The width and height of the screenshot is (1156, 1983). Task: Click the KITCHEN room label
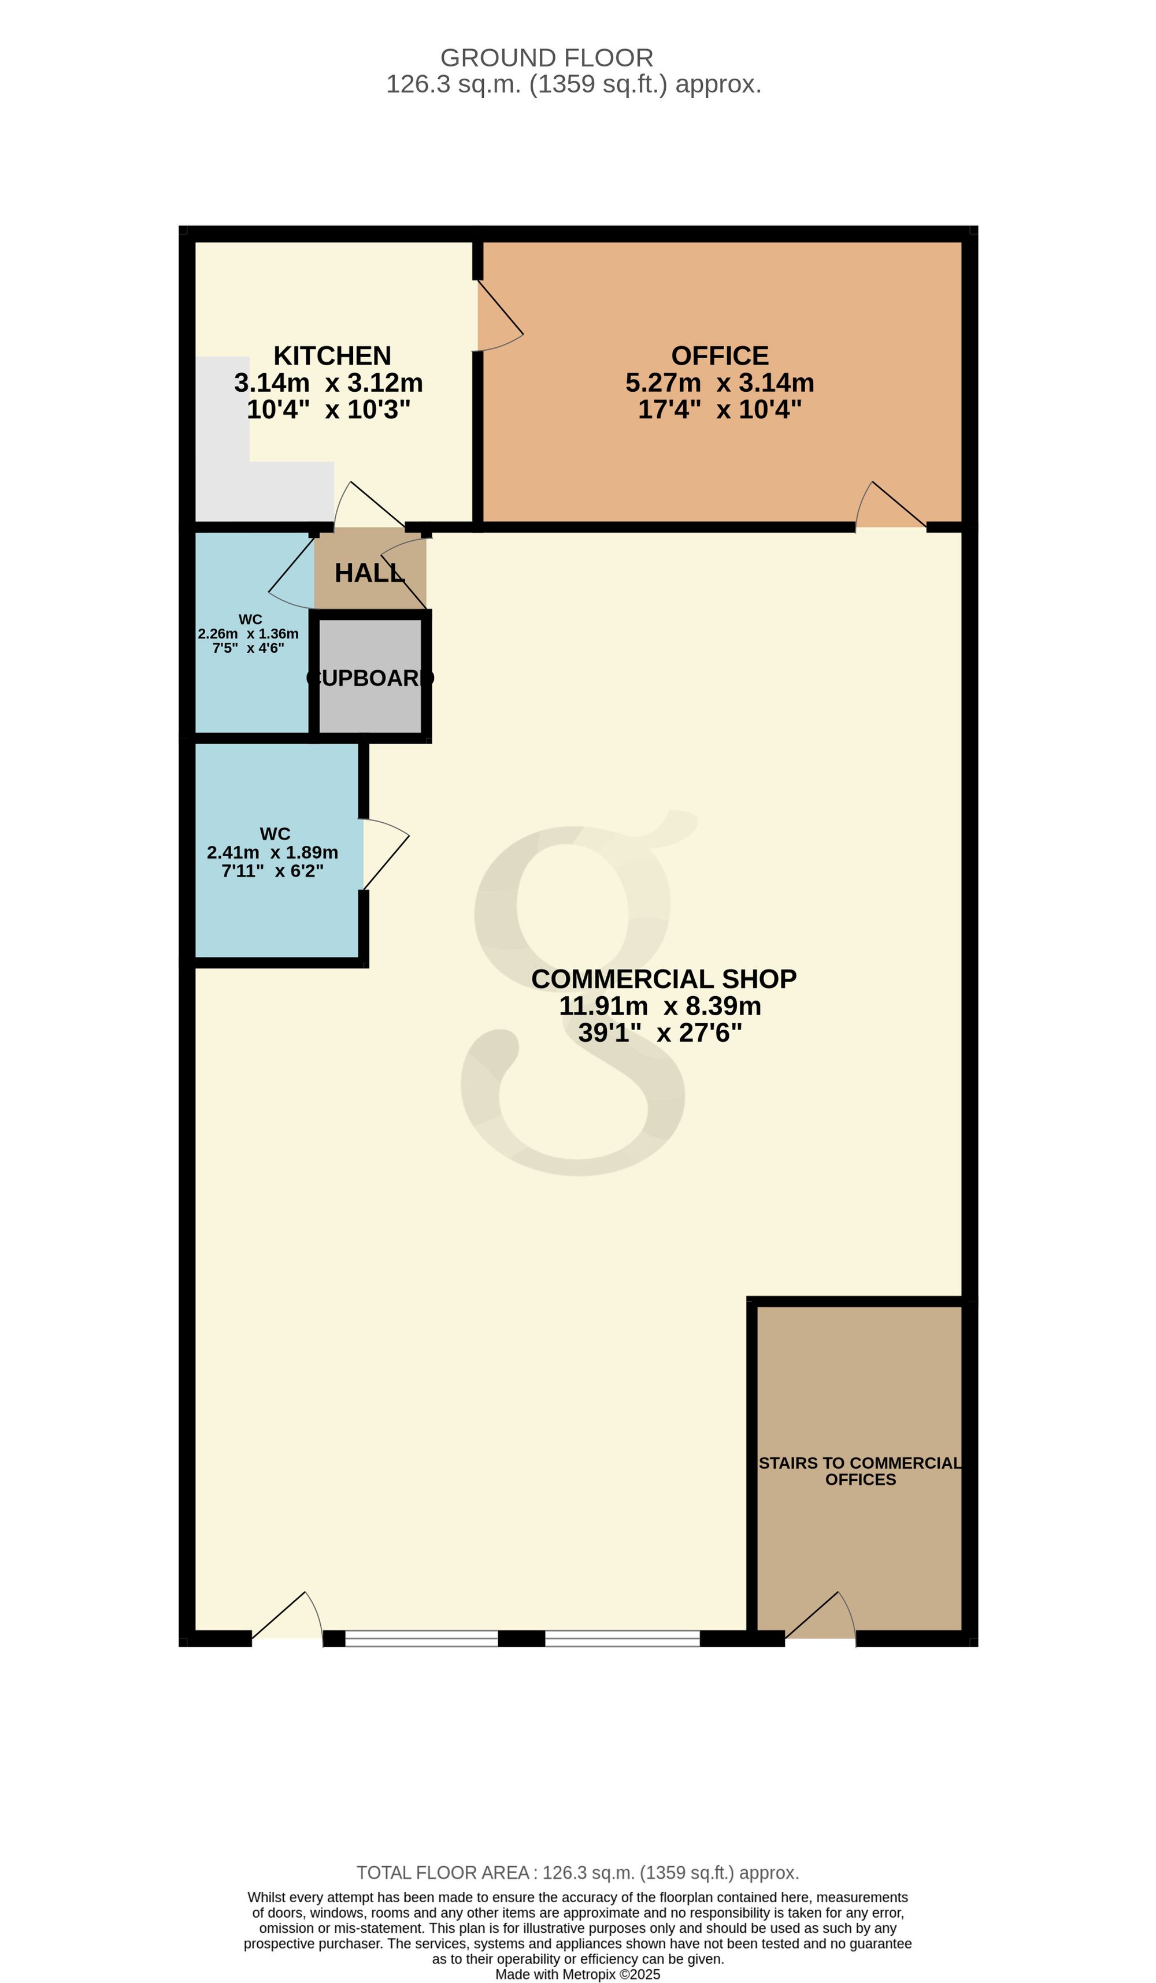(x=332, y=356)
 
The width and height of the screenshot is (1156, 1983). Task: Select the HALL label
(x=369, y=573)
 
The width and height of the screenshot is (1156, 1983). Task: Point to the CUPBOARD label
(x=370, y=678)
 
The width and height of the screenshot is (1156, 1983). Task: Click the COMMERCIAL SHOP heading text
(x=664, y=979)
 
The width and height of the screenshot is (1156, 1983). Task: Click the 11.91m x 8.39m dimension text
(x=660, y=1006)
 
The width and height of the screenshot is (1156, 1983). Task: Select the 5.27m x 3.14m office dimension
(x=719, y=383)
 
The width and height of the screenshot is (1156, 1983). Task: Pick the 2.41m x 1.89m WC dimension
(x=272, y=852)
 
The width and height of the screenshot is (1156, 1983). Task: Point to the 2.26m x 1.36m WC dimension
(x=248, y=633)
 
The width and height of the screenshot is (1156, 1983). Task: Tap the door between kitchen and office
(x=500, y=315)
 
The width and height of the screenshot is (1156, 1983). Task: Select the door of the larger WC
(x=386, y=855)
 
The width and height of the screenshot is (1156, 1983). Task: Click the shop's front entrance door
(x=287, y=1766)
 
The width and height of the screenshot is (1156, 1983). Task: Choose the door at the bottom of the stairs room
(x=820, y=1766)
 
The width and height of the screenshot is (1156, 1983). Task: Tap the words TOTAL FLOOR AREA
(x=442, y=1873)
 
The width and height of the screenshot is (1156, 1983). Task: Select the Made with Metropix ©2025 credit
(x=577, y=1974)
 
